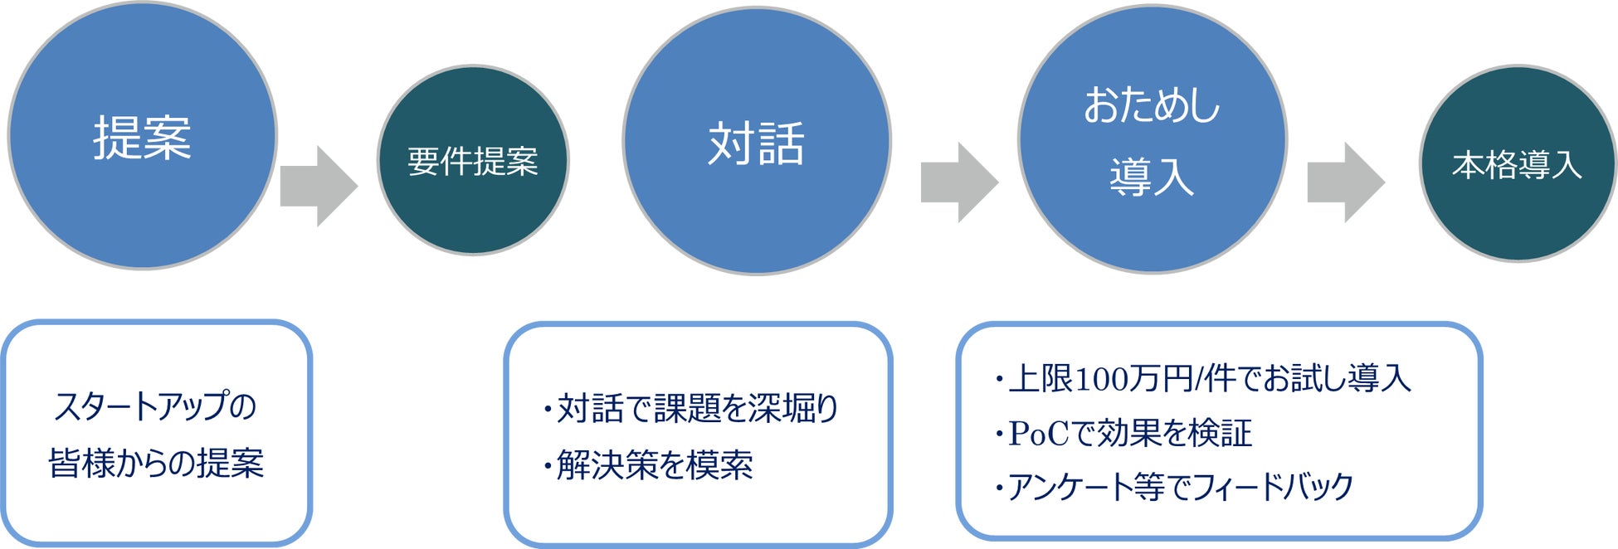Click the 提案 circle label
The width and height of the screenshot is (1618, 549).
coord(142,138)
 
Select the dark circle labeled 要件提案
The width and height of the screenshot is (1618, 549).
coord(473,161)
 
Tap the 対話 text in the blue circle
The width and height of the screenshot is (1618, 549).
coord(756,143)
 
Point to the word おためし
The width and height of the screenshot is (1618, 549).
coord(1152,106)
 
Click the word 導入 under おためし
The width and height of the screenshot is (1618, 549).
coord(1152,177)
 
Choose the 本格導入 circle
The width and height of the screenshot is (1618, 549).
coord(1517,164)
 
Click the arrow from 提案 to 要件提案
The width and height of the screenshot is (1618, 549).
coord(319,186)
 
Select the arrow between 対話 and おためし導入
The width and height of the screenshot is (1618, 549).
coord(959,182)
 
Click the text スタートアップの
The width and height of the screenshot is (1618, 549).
coord(155,406)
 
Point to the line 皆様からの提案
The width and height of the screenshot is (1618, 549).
coord(156,463)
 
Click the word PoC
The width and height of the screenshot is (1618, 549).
coord(1038,433)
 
